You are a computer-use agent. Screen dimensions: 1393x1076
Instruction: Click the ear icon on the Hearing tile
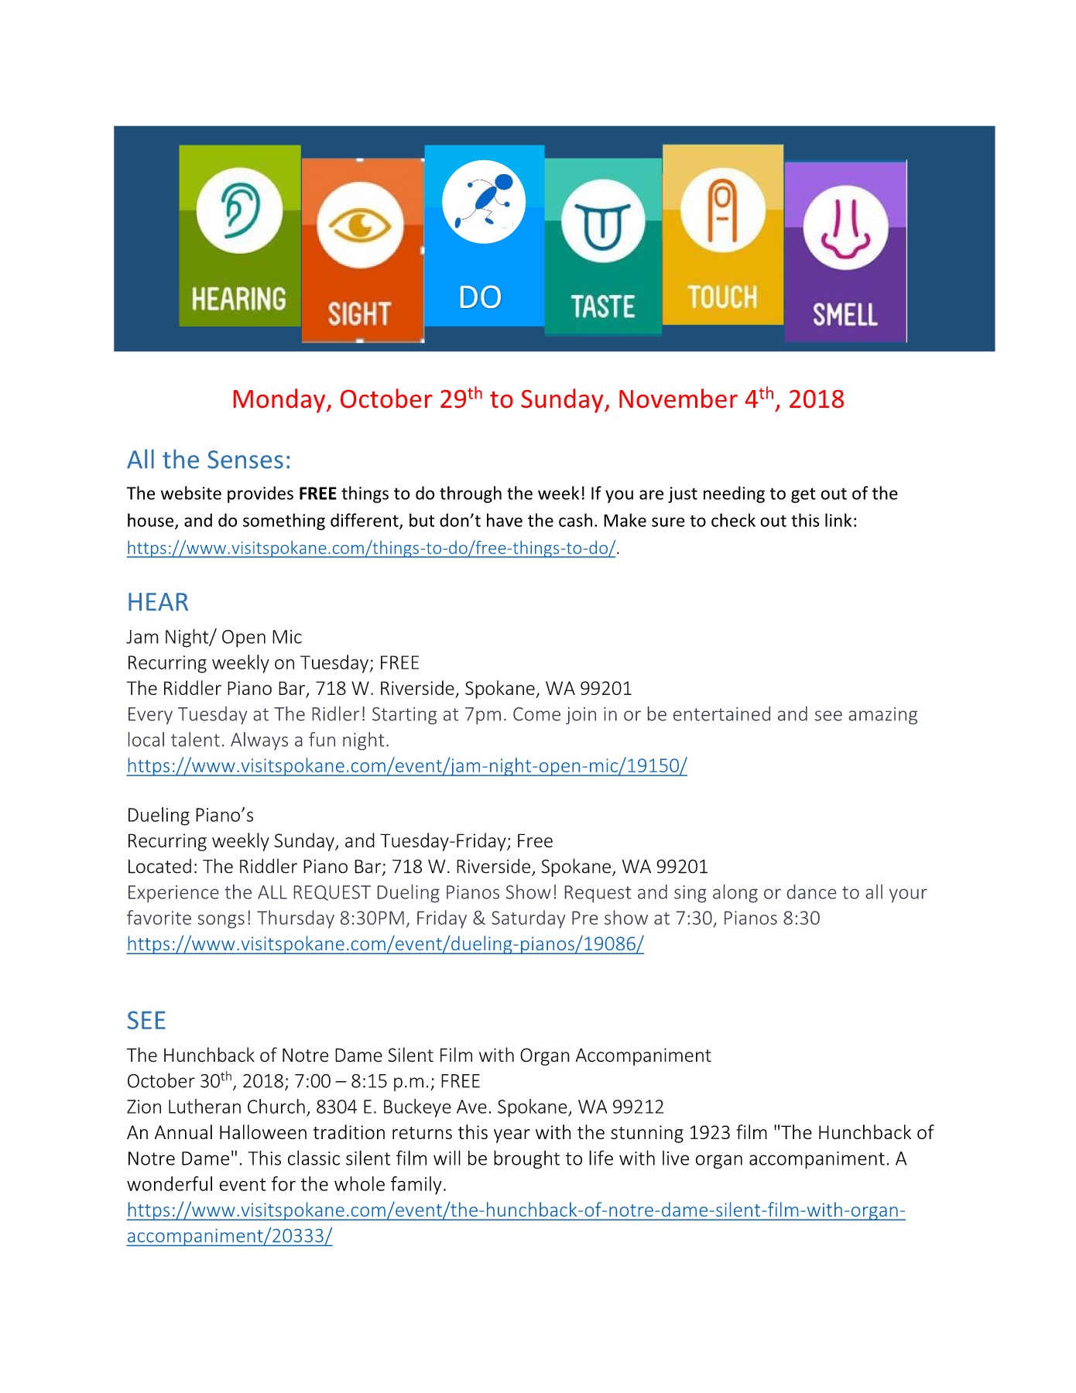point(240,210)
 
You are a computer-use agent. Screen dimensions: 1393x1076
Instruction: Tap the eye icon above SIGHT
point(360,226)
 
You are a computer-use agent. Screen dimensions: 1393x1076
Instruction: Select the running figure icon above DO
point(484,201)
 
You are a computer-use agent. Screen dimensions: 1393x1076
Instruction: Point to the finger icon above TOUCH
point(722,209)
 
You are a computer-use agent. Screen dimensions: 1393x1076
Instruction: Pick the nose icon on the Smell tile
point(845,228)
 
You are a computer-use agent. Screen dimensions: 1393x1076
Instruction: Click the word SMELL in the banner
point(845,314)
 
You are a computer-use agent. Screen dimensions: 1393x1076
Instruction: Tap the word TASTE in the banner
point(603,306)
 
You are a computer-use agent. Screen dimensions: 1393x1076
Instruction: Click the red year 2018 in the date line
point(816,399)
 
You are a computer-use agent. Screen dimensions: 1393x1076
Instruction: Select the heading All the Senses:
point(209,460)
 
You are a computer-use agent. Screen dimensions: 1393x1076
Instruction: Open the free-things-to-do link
point(372,548)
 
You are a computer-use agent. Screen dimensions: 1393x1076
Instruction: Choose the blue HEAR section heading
point(158,602)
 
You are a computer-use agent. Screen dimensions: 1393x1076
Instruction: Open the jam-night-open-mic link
point(407,766)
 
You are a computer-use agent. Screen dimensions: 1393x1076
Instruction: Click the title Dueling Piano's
point(190,815)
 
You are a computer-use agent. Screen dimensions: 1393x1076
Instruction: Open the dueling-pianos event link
point(386,944)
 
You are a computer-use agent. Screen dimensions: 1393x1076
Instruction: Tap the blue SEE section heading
point(146,1021)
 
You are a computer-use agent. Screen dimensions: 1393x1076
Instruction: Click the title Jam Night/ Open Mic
point(214,637)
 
